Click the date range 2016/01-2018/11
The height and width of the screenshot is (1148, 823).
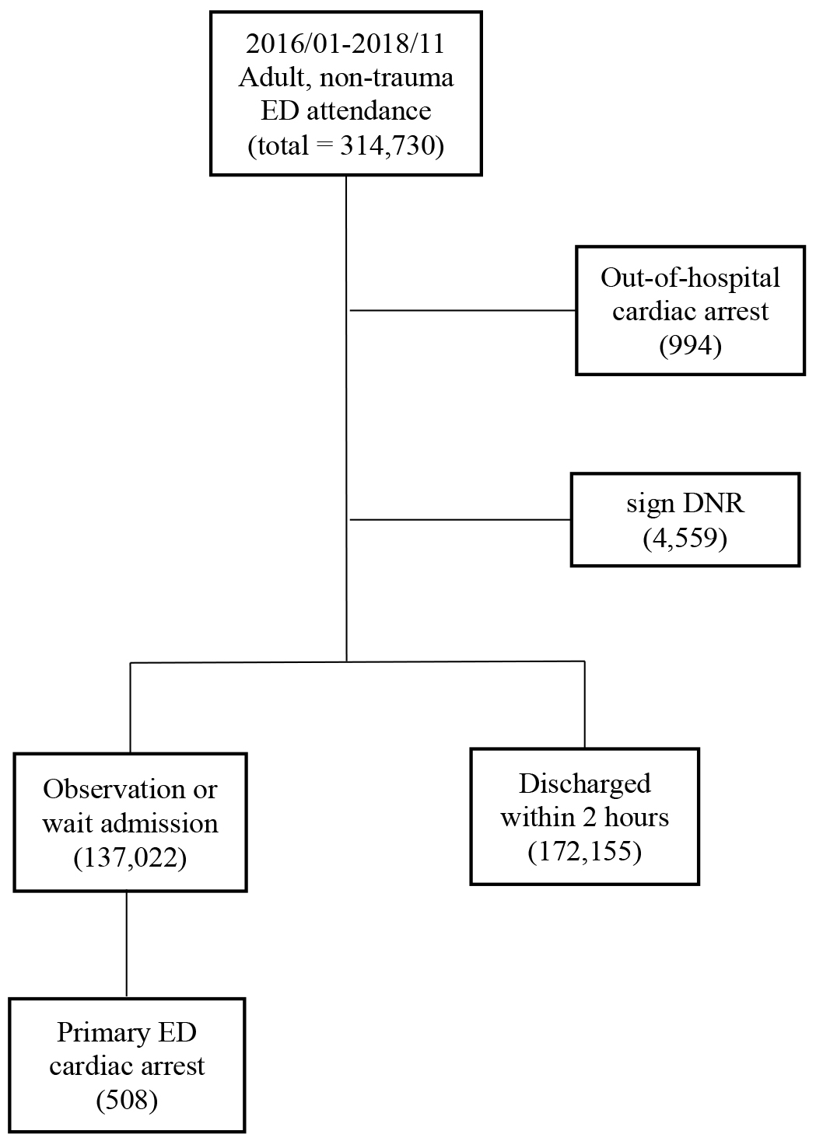coord(345,44)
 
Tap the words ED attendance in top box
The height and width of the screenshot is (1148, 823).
coord(345,111)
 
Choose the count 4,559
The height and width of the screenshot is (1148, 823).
coord(685,538)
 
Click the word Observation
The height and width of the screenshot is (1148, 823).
coord(114,789)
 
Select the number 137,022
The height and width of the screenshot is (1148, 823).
coord(130,857)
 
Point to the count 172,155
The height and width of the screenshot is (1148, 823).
coord(584,851)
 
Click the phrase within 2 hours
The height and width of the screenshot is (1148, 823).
coord(584,817)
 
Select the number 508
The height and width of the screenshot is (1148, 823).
coord(127,1100)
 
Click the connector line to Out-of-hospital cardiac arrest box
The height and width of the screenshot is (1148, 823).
coord(463,310)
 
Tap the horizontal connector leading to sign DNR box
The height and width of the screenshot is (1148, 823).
coord(460,520)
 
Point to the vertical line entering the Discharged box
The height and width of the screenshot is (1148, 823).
coord(584,705)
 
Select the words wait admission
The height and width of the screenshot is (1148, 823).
coord(130,824)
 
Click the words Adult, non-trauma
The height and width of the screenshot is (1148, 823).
coord(345,78)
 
